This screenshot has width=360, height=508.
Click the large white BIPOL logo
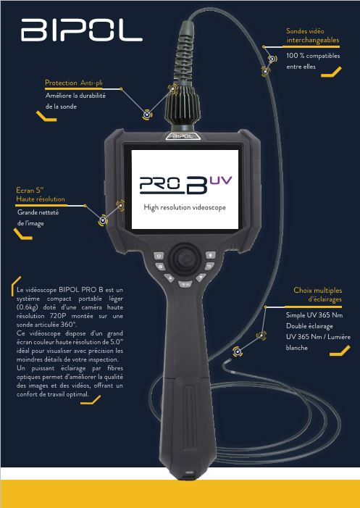[x=82, y=30]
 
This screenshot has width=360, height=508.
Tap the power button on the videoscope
[x=159, y=256]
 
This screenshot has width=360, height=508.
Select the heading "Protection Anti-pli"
[x=74, y=83]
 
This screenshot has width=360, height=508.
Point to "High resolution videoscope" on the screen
[x=185, y=207]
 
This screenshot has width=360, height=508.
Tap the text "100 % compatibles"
[x=313, y=56]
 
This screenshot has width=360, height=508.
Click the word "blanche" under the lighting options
[x=296, y=348]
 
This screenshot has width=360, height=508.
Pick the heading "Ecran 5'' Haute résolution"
[x=41, y=195]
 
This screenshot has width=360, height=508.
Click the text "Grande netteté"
[x=38, y=212]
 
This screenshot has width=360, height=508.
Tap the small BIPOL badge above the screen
[x=182, y=136]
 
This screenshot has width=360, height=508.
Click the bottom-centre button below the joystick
[x=185, y=284]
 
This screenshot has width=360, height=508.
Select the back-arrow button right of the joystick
[x=209, y=267]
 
